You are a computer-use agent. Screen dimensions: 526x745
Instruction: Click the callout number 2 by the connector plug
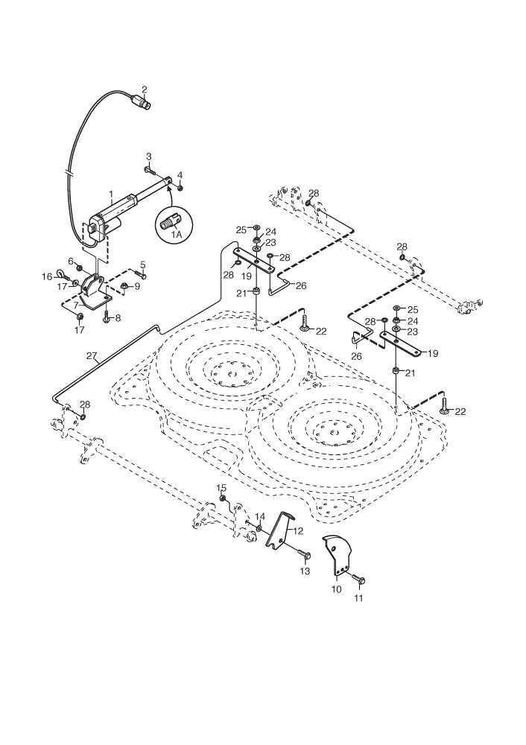tap(145, 89)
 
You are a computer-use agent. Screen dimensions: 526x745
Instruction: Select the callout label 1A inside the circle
tap(177, 235)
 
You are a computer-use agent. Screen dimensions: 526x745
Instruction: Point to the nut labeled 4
tap(180, 188)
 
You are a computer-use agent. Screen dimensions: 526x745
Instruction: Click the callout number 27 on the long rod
tap(92, 355)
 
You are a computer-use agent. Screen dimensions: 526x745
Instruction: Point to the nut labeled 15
tap(222, 498)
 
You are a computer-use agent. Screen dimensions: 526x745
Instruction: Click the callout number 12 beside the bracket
tap(298, 530)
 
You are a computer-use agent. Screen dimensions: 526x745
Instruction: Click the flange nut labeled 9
tap(123, 286)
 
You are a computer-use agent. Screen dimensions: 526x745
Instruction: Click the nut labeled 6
tap(80, 262)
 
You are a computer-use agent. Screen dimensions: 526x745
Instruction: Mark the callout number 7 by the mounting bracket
tap(75, 303)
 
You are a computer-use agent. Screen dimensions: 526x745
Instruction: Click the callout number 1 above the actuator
tap(111, 194)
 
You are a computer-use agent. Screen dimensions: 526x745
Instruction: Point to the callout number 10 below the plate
tap(336, 589)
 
